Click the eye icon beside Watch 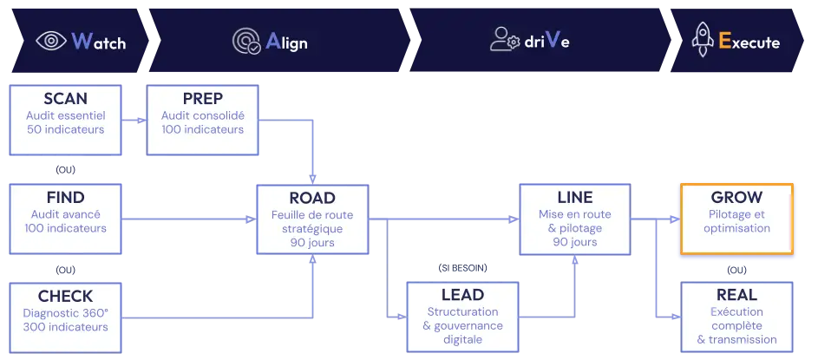click(x=51, y=41)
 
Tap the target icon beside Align click(x=246, y=41)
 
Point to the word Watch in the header click(x=99, y=42)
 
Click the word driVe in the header click(x=546, y=42)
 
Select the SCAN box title click(x=66, y=99)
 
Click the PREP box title click(x=202, y=99)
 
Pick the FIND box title click(x=66, y=197)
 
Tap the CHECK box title click(x=66, y=297)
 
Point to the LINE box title click(x=573, y=198)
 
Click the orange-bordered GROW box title click(x=736, y=197)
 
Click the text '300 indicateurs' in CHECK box click(x=66, y=327)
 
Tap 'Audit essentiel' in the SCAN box click(x=66, y=115)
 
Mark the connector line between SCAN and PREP click(x=135, y=115)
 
